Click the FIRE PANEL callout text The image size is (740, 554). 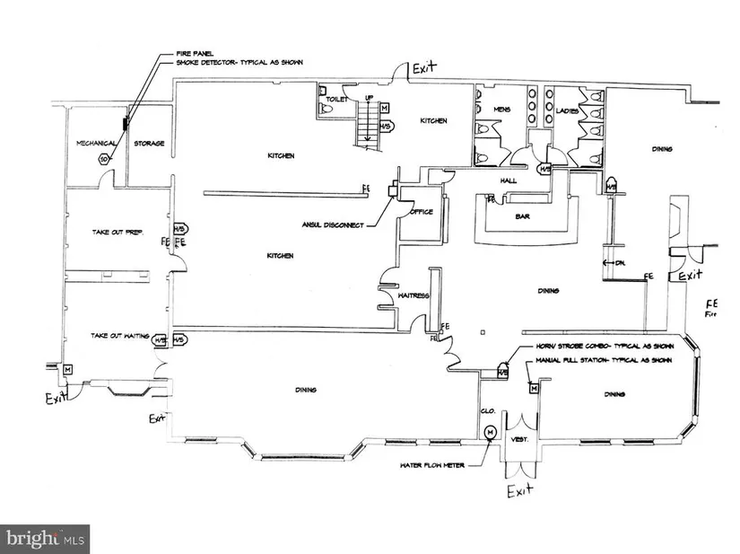click(176, 55)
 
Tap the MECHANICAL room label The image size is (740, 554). click(93, 143)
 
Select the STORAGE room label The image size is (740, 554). click(149, 143)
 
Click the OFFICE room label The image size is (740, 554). click(422, 212)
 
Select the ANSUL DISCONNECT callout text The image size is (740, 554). click(333, 224)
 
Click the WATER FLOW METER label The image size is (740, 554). click(433, 466)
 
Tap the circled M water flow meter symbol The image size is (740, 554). click(489, 433)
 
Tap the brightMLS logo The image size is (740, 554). click(46, 539)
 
